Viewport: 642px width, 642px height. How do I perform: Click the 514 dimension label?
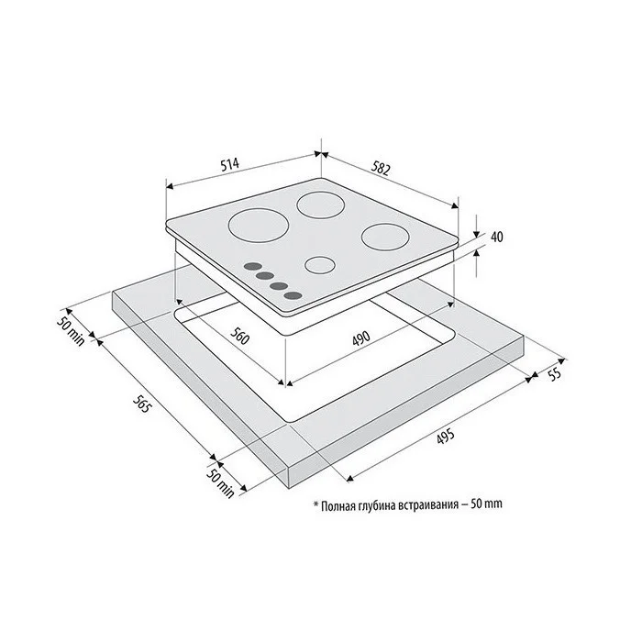[x=229, y=165]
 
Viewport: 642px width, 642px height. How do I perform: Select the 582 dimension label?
[x=381, y=168]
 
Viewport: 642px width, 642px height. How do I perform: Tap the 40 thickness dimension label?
[x=497, y=237]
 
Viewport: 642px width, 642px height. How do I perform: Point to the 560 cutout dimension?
[x=239, y=337]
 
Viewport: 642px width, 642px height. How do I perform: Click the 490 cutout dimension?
[x=361, y=338]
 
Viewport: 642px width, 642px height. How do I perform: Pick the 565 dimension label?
[x=142, y=404]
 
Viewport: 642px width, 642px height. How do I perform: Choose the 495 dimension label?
[x=446, y=436]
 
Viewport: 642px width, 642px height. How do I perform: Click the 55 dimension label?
[x=554, y=374]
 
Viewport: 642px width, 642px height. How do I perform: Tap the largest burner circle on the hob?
[x=259, y=226]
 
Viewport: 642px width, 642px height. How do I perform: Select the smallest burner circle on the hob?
[x=320, y=265]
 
